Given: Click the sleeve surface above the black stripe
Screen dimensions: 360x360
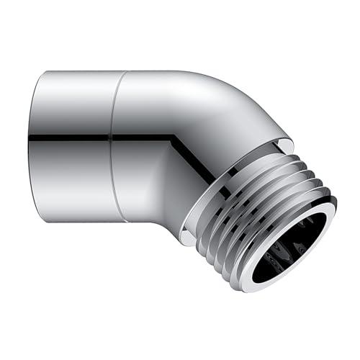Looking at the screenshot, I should pyautogui.click(x=72, y=101).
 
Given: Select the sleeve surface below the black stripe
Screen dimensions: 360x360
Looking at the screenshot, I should pyautogui.click(x=72, y=180).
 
